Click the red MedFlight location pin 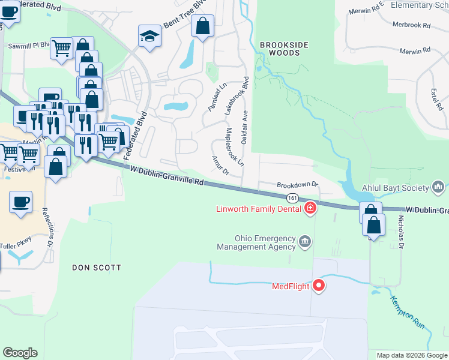[319, 286]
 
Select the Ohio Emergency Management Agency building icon [305, 242]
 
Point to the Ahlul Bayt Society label [396, 188]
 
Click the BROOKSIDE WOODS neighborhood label [280, 49]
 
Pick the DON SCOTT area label [97, 267]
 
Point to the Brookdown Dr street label [296, 185]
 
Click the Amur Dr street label [220, 165]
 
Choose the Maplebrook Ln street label [234, 146]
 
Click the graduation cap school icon [149, 36]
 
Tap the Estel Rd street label [434, 99]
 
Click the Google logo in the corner [20, 353]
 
